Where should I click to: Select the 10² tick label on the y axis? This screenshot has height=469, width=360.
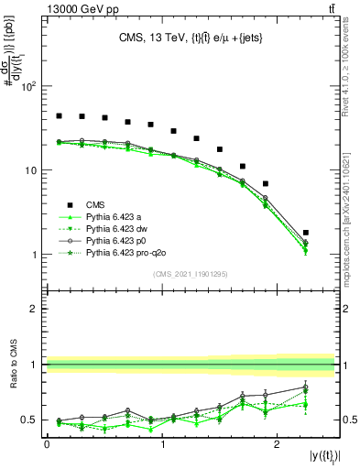[x=27, y=87]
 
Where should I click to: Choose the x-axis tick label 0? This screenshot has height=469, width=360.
[x=46, y=443]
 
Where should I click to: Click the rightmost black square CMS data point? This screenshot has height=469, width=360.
[x=306, y=233]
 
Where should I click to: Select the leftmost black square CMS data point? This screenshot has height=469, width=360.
[x=59, y=116]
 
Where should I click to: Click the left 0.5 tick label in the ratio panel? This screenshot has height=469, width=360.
[x=28, y=420]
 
